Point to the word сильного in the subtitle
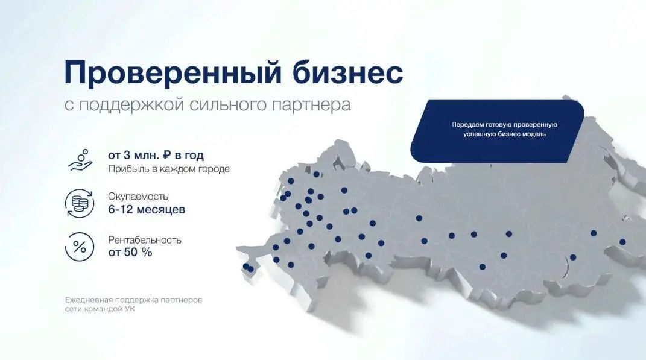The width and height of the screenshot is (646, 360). pos(225,104)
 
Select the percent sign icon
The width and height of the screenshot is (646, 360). pos(78,246)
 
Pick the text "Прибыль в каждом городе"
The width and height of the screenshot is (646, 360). pos(169,169)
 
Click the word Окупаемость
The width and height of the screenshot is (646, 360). pos(138,197)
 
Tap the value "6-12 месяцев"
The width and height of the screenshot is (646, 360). pos(147,210)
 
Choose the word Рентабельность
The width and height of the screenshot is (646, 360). pos(145,240)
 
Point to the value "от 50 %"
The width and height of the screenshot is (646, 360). pos(130,253)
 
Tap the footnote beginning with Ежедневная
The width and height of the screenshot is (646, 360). pos(134,303)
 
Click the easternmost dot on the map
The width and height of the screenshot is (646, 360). pos(622,242)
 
